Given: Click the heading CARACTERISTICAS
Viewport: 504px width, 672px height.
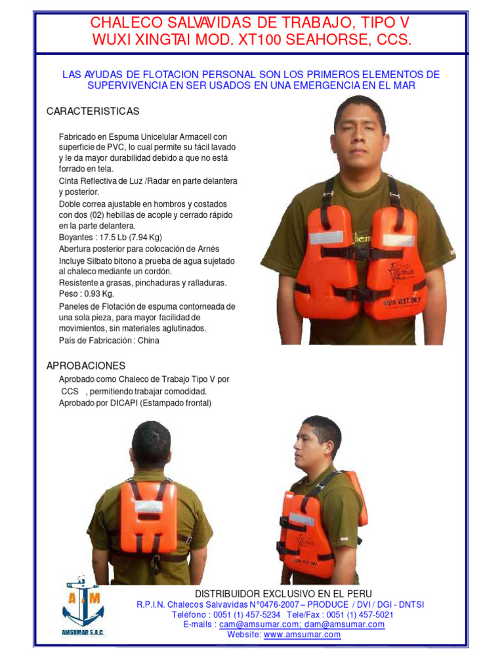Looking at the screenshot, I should [x=93, y=112].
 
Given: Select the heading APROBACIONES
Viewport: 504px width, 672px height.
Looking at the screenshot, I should [x=85, y=366].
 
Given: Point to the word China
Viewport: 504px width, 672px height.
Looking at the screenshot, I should [x=148, y=341].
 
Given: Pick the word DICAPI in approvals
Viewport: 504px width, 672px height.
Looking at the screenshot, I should [x=125, y=403].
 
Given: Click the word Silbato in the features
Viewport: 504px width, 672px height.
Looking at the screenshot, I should [x=104, y=261].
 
